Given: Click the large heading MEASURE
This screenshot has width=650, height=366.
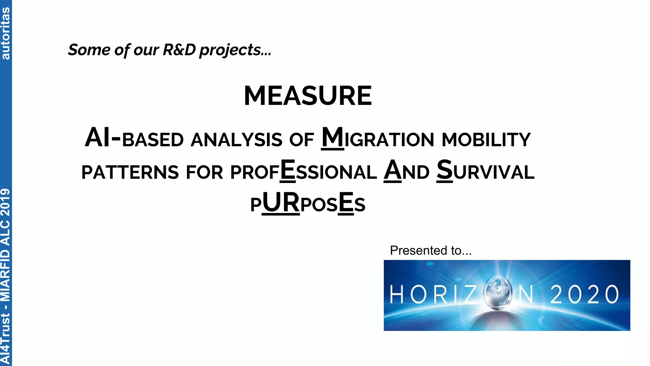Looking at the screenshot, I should pyautogui.click(x=308, y=96).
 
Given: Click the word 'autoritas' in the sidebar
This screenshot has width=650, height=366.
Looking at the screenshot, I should pyautogui.click(x=5, y=33).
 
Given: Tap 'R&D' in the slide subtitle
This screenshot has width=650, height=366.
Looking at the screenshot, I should pyautogui.click(x=179, y=50).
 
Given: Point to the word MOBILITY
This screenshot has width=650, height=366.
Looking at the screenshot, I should pyautogui.click(x=486, y=140).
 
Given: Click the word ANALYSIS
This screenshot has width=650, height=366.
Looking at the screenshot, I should pyautogui.click(x=236, y=140).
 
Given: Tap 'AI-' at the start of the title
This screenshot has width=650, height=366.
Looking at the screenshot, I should pyautogui.click(x=103, y=138).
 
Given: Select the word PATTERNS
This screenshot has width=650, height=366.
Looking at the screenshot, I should pyautogui.click(x=130, y=173).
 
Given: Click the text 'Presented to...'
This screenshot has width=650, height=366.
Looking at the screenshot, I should pyautogui.click(x=431, y=251).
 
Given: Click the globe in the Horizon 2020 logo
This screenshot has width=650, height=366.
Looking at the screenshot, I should pyautogui.click(x=498, y=293).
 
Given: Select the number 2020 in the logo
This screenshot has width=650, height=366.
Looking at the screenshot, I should pyautogui.click(x=584, y=294).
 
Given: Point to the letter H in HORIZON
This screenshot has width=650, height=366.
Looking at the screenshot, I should pyautogui.click(x=396, y=294).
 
